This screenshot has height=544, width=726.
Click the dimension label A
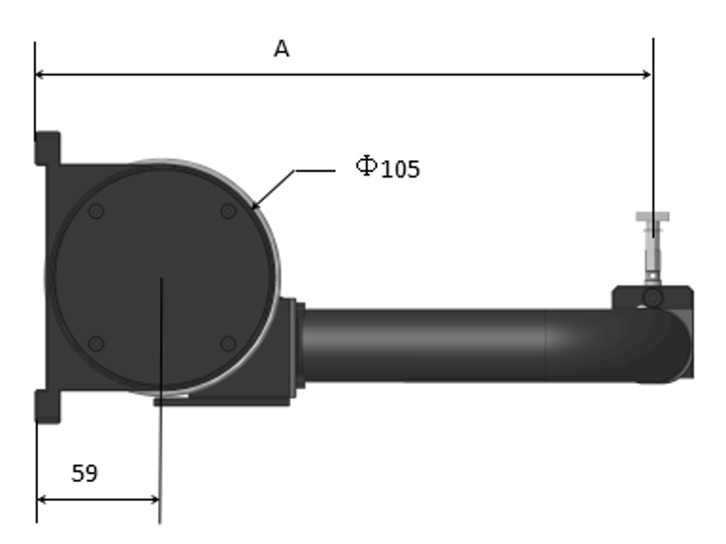[282, 48]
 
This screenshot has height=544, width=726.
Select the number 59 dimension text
[85, 474]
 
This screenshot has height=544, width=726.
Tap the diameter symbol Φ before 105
[367, 166]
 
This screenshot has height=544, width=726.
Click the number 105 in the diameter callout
[401, 169]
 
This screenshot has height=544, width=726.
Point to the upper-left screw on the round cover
[95, 211]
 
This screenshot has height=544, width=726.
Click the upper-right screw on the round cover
[228, 211]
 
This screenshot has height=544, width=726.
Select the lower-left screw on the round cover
[95, 344]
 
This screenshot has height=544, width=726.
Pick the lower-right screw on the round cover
[228, 344]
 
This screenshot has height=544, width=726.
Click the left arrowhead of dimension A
[39, 74]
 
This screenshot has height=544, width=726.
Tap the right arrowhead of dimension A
[647, 74]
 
